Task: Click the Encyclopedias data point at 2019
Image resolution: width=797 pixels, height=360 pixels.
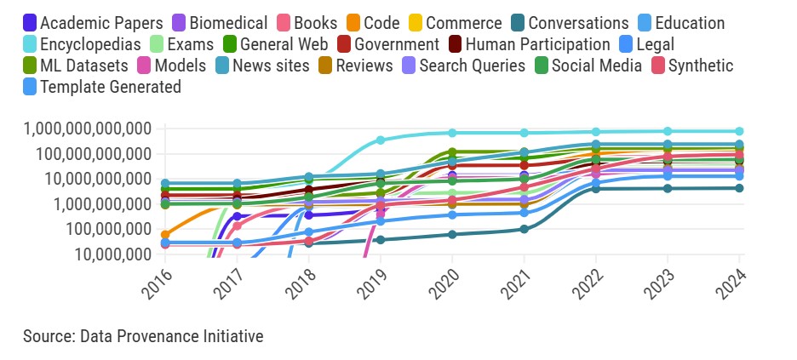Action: pyautogui.click(x=381, y=140)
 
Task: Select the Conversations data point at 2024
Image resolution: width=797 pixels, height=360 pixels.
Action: pyautogui.click(x=740, y=188)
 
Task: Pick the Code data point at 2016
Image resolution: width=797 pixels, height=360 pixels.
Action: pyautogui.click(x=165, y=234)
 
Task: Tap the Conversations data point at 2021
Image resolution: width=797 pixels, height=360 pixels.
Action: pyautogui.click(x=525, y=229)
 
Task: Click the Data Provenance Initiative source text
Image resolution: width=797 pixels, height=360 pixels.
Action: pyautogui.click(x=143, y=336)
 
